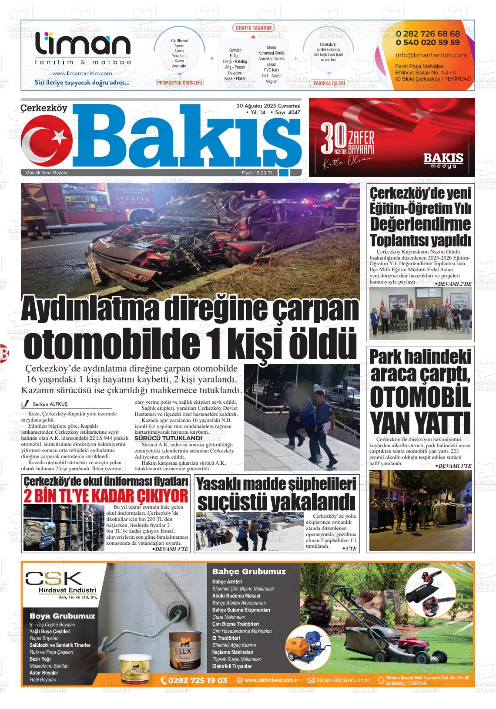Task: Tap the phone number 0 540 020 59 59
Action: point(428,42)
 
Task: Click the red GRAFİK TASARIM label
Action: point(254,28)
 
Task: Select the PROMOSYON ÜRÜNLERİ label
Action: point(180,83)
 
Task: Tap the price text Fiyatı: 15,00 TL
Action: point(258,173)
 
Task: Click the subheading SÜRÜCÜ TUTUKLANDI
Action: point(168,438)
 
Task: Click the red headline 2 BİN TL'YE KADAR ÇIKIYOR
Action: point(106,496)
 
